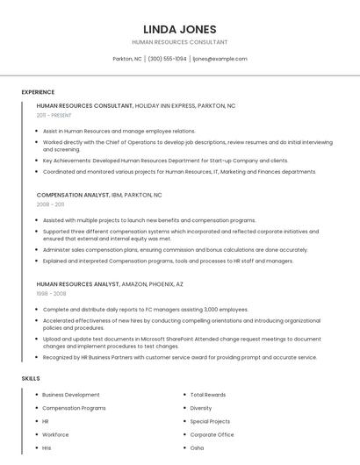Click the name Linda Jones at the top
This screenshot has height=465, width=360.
(x=179, y=29)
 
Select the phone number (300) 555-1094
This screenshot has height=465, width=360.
(x=167, y=59)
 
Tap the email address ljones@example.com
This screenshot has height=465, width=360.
(x=220, y=59)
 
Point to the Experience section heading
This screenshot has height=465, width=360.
(x=38, y=92)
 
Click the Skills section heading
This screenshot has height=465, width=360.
(x=31, y=378)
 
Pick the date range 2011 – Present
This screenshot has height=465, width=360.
(x=54, y=115)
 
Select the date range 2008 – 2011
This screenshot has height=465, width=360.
(x=50, y=204)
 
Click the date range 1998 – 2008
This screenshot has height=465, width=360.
(x=50, y=293)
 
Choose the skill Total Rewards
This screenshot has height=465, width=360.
(x=208, y=395)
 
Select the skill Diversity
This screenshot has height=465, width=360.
(x=201, y=408)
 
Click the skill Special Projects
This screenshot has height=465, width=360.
(x=211, y=421)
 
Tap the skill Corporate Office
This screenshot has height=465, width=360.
(x=212, y=434)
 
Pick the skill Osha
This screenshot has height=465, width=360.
(x=197, y=447)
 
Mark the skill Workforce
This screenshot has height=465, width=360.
(x=55, y=434)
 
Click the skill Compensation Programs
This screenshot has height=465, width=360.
(x=74, y=408)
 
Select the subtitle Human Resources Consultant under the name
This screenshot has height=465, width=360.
(x=179, y=42)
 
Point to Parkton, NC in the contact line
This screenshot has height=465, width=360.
(x=127, y=59)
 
